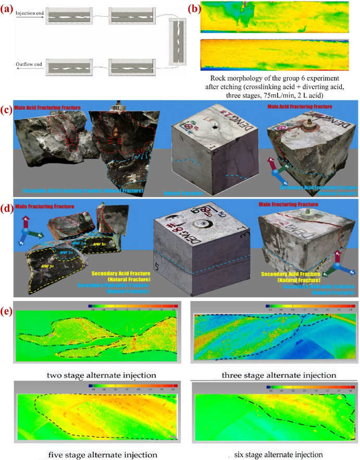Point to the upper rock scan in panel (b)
(274, 16)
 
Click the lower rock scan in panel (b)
(274, 51)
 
